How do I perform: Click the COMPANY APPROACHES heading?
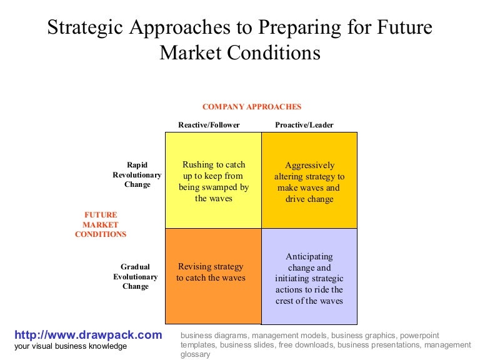tap(252, 107)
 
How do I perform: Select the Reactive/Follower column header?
tap(209, 125)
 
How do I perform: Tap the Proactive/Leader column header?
tap(304, 125)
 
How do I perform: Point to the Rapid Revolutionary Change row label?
tap(137, 175)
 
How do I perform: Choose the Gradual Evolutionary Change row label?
tap(136, 277)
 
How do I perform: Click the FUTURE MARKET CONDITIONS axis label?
tap(101, 224)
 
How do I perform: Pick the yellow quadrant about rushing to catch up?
tap(213, 181)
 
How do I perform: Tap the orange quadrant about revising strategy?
tap(213, 275)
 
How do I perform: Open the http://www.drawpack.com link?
tap(88, 335)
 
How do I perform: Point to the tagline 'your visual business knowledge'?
tap(71, 346)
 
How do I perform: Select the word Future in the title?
tap(405, 29)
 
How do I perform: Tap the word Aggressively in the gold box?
tap(309, 166)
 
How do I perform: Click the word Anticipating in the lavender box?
tap(309, 256)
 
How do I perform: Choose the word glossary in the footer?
tap(196, 354)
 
